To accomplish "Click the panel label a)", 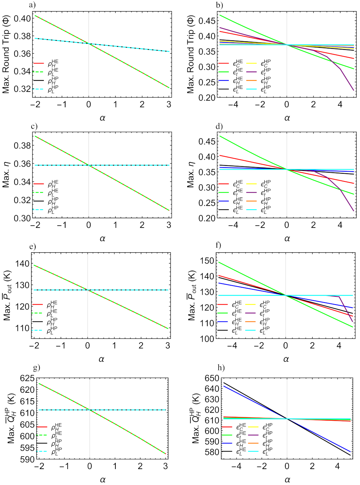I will click(x=33, y=5).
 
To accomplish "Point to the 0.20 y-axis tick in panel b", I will click(x=207, y=98).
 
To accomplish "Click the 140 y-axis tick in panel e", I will click(x=23, y=264).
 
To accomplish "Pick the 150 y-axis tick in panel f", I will click(x=207, y=261).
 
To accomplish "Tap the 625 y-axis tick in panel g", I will click(x=27, y=379).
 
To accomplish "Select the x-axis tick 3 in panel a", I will click(x=169, y=104).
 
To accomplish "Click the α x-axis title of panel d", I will click(x=287, y=238).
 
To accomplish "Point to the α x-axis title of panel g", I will click(x=102, y=480).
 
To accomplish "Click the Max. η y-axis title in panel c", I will click(x=6, y=175).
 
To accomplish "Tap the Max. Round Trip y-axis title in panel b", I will click(x=191, y=54).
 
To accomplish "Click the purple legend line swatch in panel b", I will click(x=251, y=72).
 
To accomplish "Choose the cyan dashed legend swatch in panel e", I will click(x=37, y=330).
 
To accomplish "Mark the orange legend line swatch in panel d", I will click(x=251, y=201).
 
